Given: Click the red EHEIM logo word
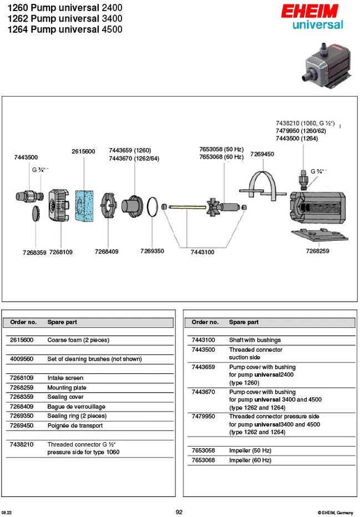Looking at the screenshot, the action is [310, 11].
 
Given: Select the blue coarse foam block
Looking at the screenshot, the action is [84, 206].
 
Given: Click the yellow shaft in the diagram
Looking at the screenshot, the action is [187, 207].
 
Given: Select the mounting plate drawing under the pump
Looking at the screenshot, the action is [320, 235].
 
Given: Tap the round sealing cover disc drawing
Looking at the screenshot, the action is [37, 214].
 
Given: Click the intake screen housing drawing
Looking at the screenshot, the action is [59, 205].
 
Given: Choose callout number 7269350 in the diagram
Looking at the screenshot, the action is [152, 251].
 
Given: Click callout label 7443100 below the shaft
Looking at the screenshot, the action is [202, 252].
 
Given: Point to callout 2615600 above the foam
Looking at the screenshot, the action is [83, 151].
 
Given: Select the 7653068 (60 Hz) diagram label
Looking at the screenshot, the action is [221, 157].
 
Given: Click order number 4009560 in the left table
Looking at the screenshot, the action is [22, 359].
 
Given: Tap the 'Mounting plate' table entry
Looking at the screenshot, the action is [67, 388].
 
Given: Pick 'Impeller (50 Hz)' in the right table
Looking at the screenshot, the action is [250, 451].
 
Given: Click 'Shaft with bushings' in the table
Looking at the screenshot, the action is [255, 340].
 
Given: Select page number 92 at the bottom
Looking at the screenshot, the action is [179, 512].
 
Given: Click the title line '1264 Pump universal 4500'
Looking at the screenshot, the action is [65, 29].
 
